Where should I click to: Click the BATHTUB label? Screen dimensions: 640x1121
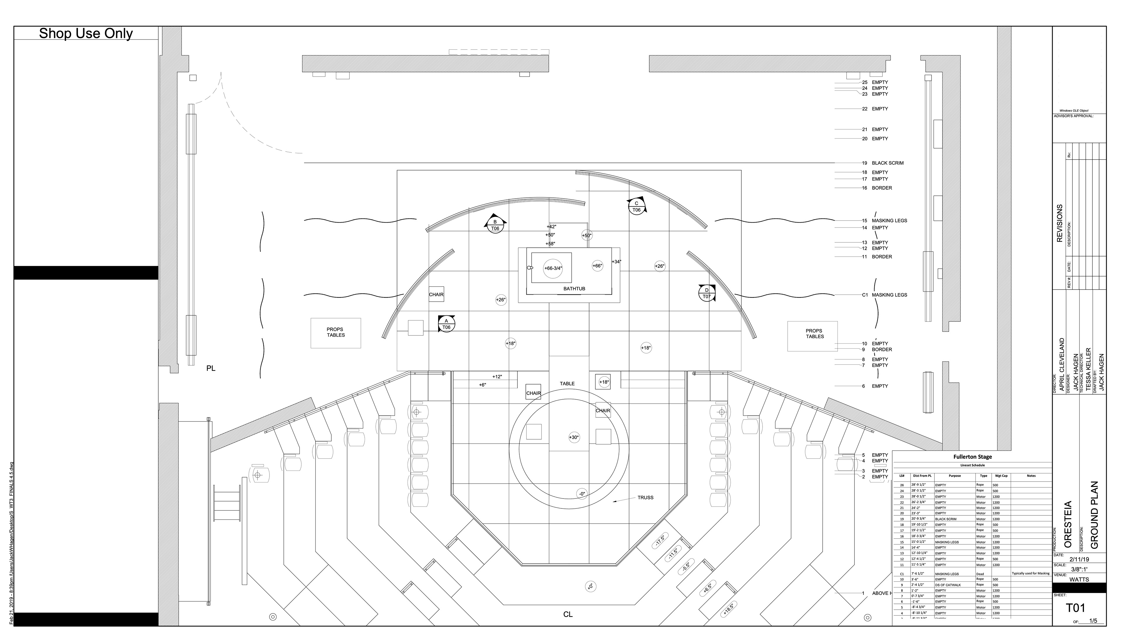[574, 289]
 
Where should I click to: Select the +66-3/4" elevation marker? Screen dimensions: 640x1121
[553, 268]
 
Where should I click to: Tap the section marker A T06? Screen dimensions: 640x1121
[446, 324]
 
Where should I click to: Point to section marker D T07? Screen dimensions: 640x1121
[706, 293]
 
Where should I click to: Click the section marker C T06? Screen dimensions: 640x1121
[636, 207]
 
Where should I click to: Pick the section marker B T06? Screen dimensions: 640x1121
[495, 225]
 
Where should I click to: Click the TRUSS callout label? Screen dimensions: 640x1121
[645, 498]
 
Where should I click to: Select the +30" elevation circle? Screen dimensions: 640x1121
[574, 437]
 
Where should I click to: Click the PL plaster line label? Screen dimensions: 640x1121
[211, 368]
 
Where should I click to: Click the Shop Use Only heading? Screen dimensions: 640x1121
[86, 34]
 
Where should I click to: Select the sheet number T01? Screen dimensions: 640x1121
[1076, 608]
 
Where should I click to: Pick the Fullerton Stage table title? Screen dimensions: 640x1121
[972, 457]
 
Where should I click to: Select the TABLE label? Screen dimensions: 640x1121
[567, 384]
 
